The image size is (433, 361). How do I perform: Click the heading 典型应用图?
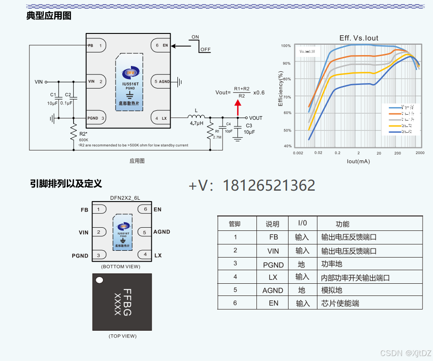pos(49,16)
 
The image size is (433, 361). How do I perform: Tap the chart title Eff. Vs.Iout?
pos(359,38)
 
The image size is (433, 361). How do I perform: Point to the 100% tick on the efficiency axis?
pos(286,46)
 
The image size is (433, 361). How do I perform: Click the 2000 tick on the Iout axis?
pos(420,153)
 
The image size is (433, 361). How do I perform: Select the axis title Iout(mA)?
pos(358,161)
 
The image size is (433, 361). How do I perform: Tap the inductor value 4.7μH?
pos(196,123)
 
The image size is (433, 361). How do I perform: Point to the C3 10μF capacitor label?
pos(249,129)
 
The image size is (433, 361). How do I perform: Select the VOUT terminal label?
pos(256,118)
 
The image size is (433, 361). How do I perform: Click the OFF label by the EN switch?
pos(205,50)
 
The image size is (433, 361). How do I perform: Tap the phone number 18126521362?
pos(270,185)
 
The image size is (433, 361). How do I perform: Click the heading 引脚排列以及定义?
pos(66,183)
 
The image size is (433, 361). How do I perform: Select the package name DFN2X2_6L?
pos(125,198)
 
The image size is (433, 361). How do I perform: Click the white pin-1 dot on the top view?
pos(99,280)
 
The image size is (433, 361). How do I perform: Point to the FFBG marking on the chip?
pos(127,302)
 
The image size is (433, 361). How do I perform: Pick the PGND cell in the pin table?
pos(273,265)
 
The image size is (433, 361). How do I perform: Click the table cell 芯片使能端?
pos(340,303)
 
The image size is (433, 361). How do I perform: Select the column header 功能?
pos(342,224)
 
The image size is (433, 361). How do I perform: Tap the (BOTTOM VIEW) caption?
pos(121,267)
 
